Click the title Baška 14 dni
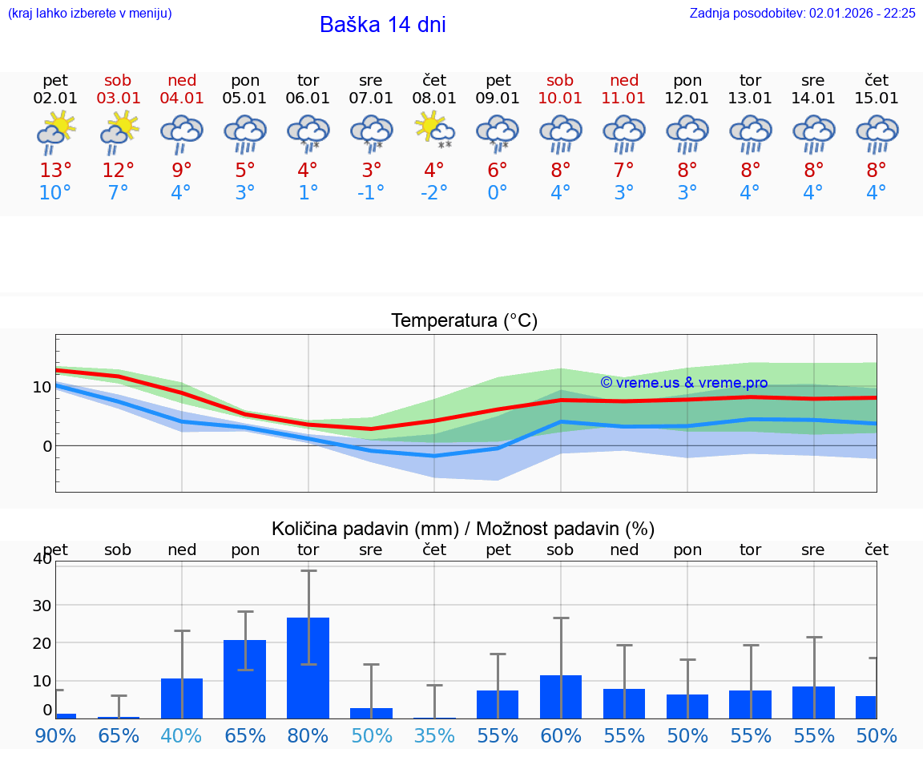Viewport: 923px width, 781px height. (382, 25)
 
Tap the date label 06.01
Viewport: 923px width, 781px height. (308, 99)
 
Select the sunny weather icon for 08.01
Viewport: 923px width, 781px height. (433, 131)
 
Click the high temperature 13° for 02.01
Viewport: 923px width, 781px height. (55, 171)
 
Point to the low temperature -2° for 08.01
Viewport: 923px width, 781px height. (433, 193)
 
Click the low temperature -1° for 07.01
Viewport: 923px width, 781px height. (370, 193)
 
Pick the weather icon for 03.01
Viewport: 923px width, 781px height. (119, 131)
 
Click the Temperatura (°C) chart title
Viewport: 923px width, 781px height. (464, 321)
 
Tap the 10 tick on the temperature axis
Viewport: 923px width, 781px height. (42, 387)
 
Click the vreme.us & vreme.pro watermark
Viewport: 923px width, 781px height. (683, 383)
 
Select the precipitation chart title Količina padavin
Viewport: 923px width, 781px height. (463, 529)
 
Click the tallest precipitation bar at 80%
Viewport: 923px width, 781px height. (308, 667)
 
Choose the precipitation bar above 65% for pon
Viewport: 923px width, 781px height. (244, 678)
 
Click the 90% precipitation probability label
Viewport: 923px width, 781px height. (55, 736)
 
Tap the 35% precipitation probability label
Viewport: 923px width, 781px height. (433, 736)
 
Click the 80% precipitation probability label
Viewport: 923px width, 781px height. (308, 736)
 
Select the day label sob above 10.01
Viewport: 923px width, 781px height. (560, 81)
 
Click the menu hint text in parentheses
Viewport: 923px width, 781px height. (90, 14)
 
